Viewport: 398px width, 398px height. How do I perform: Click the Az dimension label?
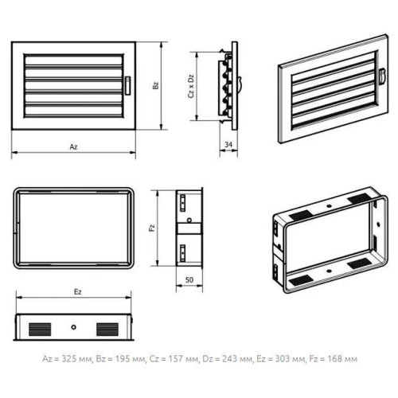73,146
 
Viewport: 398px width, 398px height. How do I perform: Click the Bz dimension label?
155,85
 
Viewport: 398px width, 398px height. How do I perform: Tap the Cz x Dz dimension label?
191,86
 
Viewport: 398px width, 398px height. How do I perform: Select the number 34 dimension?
228,144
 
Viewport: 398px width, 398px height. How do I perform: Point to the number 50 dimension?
189,279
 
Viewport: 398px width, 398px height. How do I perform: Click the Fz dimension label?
152,228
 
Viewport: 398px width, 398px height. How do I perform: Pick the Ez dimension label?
77,292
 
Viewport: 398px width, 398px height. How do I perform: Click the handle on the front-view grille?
128,85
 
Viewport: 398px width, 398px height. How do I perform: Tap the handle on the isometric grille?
382,76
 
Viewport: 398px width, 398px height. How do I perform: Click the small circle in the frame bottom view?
73,327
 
